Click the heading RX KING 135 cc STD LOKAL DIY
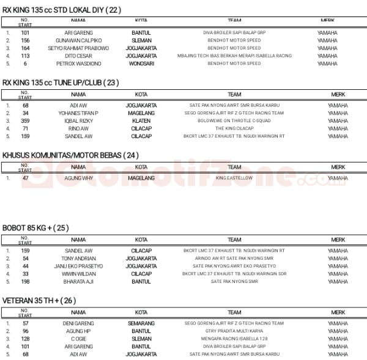coord(62,10)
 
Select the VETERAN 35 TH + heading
coord(39,300)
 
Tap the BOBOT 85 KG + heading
coord(35,228)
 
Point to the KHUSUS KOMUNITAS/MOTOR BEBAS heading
coord(70,155)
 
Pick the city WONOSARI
coord(141,64)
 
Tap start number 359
coord(25,121)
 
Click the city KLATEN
coord(141,121)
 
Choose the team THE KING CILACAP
coord(234,128)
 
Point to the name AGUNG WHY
coord(78,178)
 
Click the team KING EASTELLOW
coord(234,178)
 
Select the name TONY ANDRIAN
coord(78,259)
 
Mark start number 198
coord(25,282)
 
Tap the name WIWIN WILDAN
coord(78,274)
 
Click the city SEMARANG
coord(141,323)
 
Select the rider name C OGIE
coord(78,339)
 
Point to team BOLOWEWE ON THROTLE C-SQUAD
coord(234,121)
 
